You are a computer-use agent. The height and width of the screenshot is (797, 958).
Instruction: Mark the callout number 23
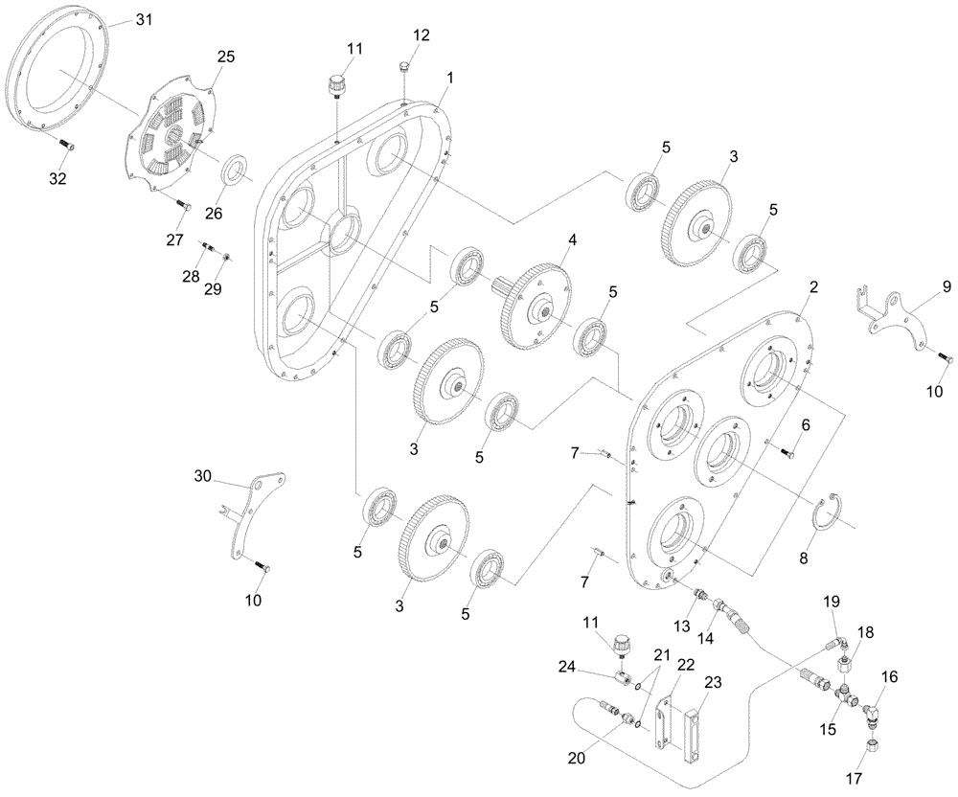(x=712, y=683)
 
